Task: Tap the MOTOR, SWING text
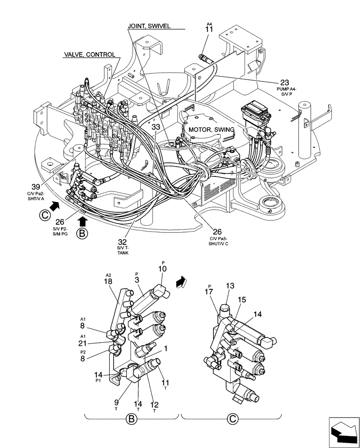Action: click(211, 129)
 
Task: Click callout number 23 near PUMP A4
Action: click(284, 82)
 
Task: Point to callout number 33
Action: click(155, 127)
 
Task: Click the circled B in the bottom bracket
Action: click(132, 419)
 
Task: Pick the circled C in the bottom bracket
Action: click(231, 419)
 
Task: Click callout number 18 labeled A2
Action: click(108, 281)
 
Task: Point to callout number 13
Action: click(230, 286)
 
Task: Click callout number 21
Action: click(83, 343)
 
